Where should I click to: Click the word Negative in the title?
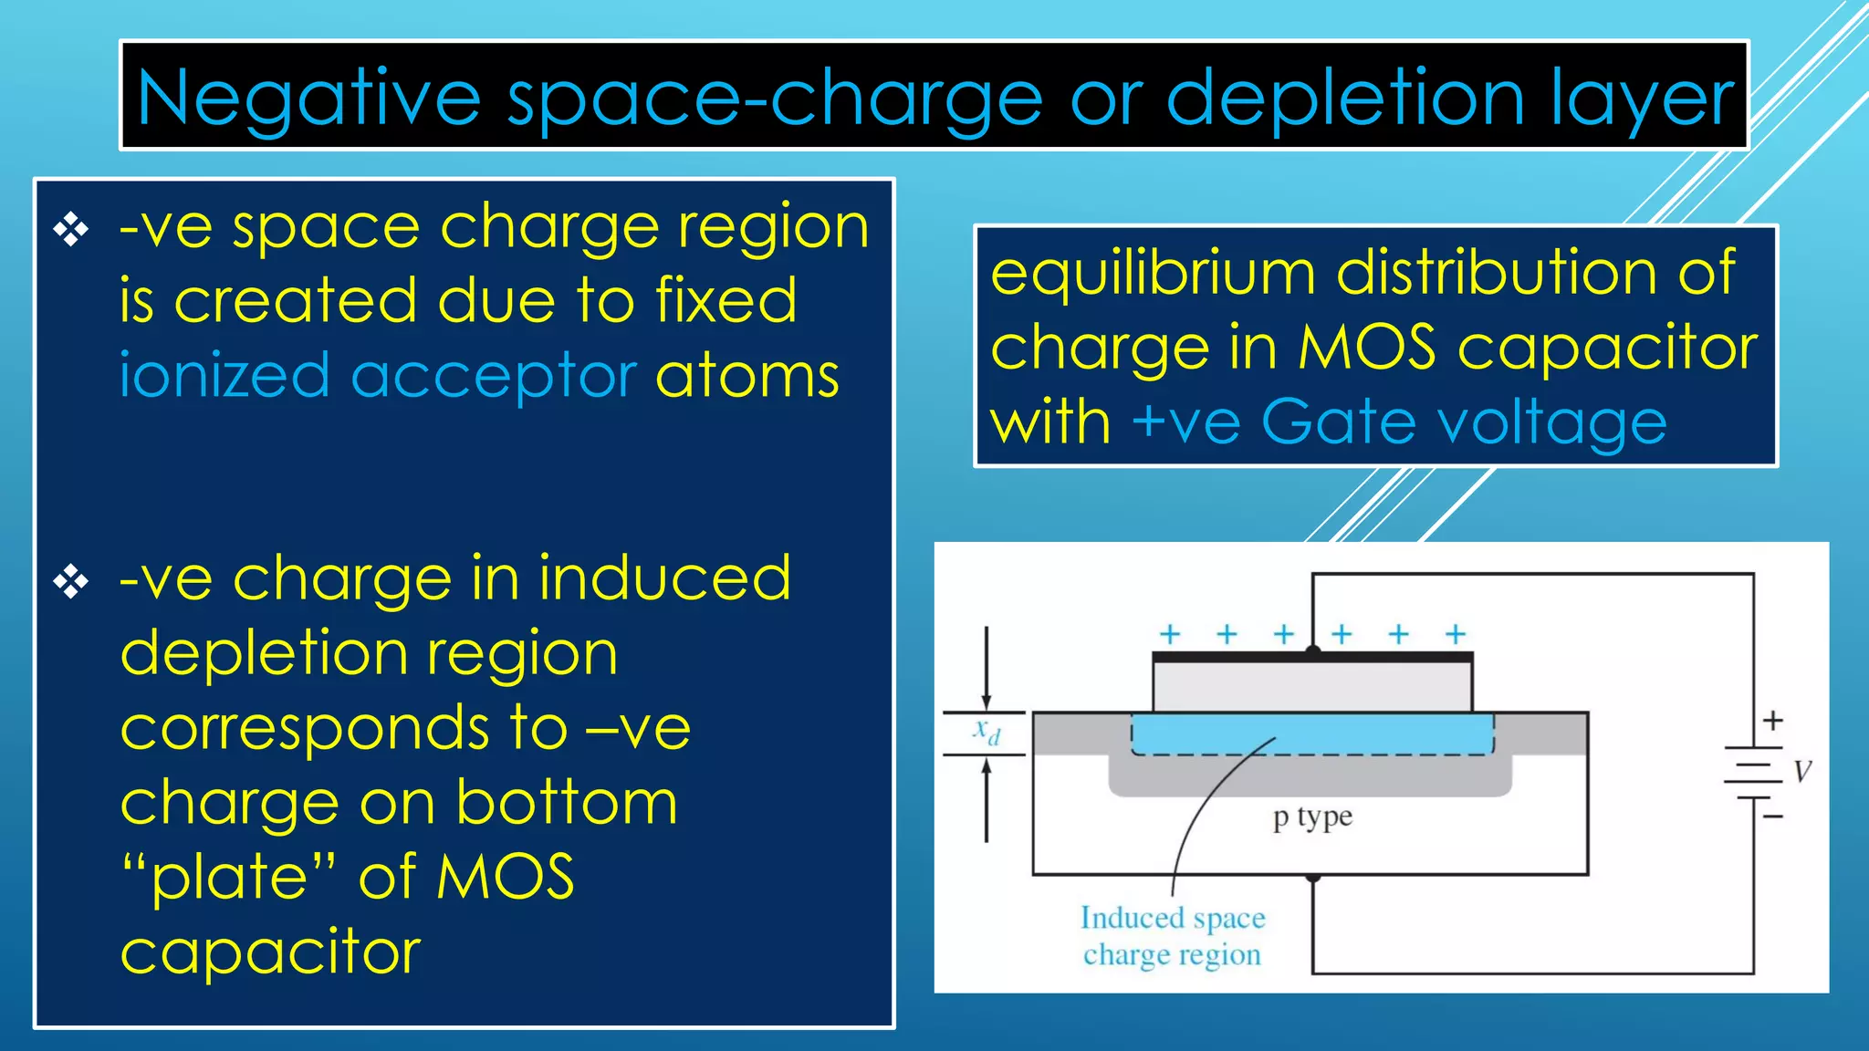click(308, 99)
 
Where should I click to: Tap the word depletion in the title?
click(1346, 99)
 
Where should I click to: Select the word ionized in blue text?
click(224, 376)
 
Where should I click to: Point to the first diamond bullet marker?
click(71, 229)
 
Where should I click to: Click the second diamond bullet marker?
click(71, 581)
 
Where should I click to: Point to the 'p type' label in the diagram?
click(1312, 817)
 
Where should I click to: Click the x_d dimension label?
click(987, 732)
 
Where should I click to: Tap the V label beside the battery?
click(1802, 772)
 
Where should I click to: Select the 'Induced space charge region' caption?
click(1173, 936)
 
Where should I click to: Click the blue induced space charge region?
click(1312, 734)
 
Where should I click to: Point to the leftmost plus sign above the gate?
click(1170, 634)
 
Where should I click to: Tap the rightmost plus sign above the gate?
click(1456, 634)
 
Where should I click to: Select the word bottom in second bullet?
click(567, 804)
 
